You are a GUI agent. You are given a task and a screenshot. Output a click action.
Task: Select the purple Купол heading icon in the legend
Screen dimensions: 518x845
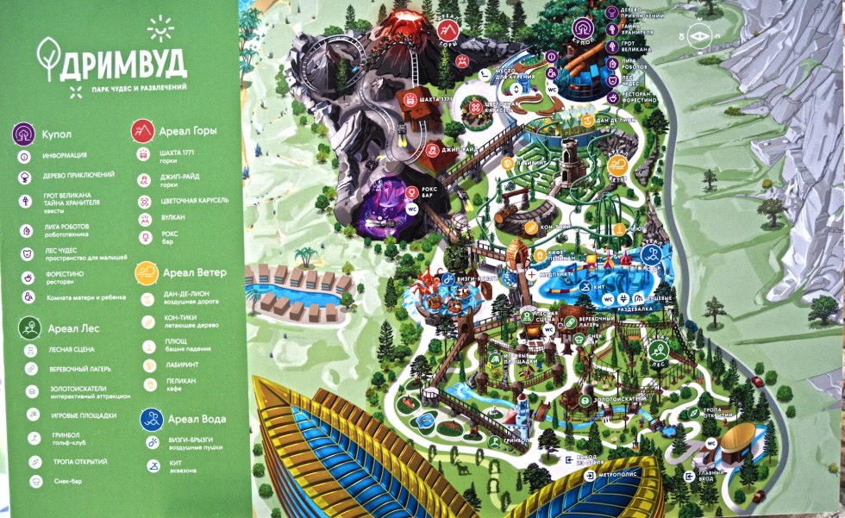point(25,134)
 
